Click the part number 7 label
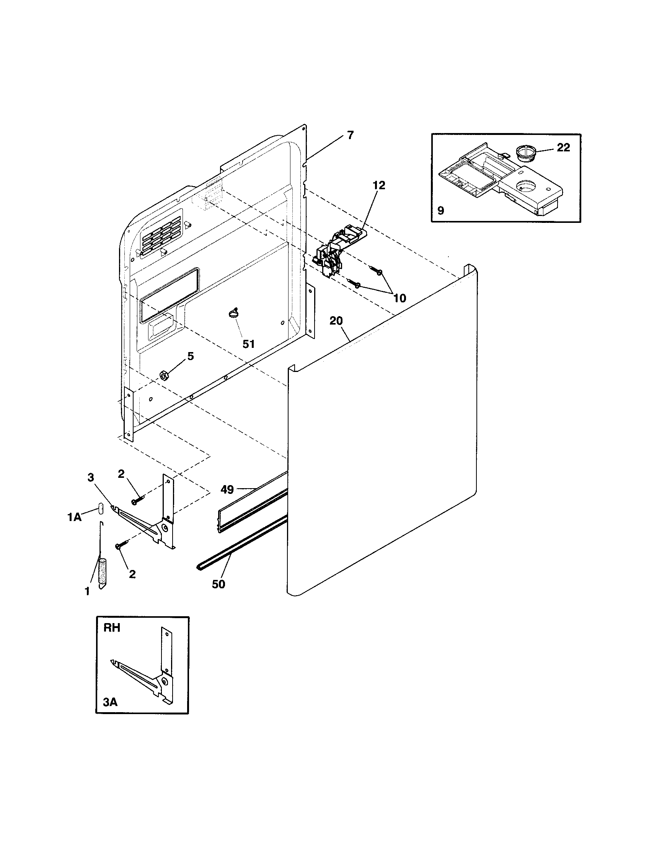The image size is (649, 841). click(350, 136)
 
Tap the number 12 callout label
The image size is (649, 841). click(379, 185)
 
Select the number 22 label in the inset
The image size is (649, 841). click(563, 148)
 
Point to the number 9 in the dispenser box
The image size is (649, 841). click(441, 211)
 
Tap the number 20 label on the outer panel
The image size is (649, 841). click(336, 321)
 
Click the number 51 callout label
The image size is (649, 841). click(249, 344)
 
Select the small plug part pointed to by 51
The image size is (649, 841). click(233, 314)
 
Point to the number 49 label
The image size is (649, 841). click(227, 490)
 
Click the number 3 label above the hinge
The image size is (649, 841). click(91, 477)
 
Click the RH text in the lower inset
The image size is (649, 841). click(112, 628)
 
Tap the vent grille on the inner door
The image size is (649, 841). click(161, 234)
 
